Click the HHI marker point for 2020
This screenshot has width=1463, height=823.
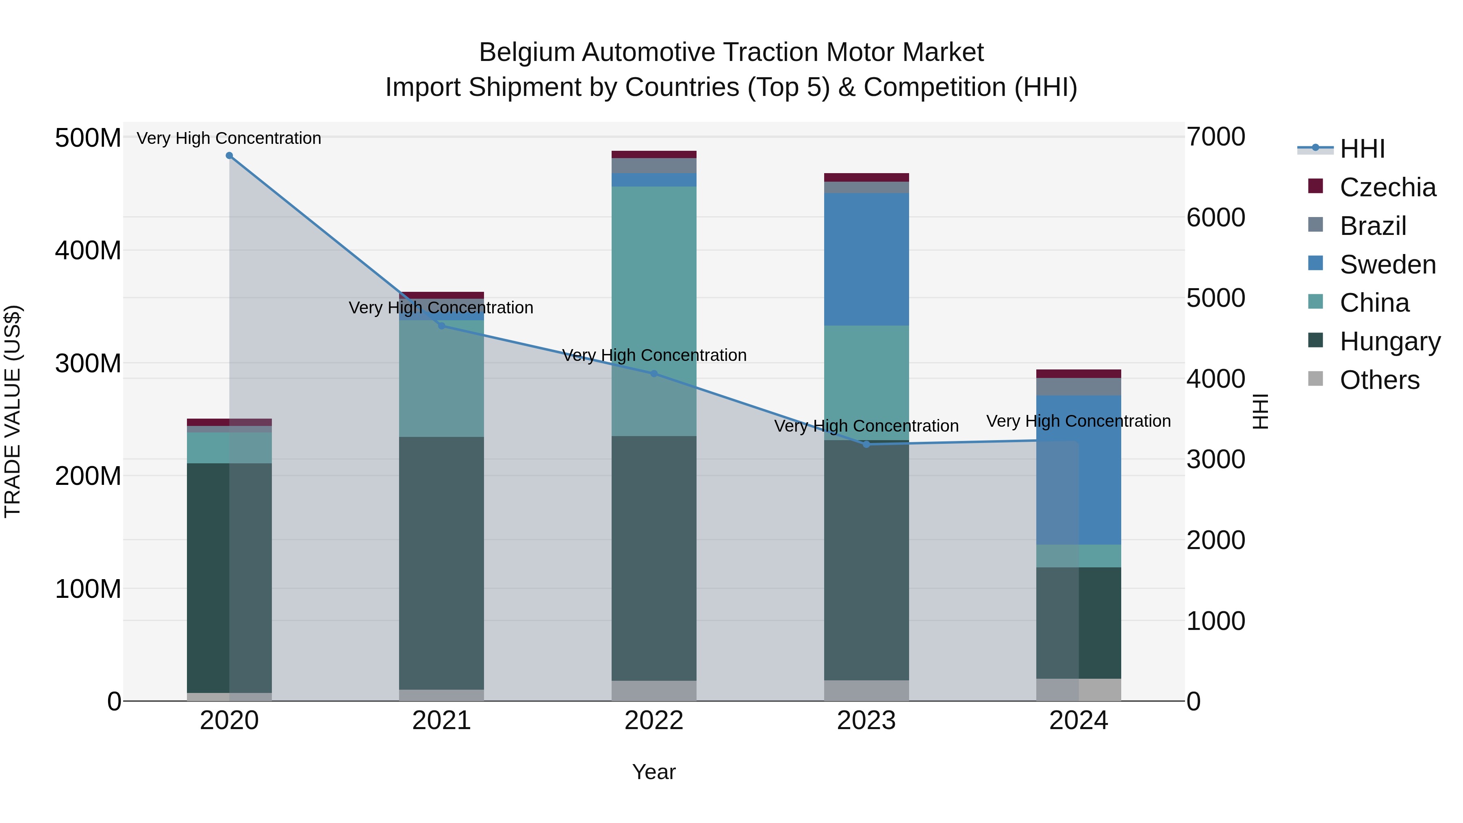230,156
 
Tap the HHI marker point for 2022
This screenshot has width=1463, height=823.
654,374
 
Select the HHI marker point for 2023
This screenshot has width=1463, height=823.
866,444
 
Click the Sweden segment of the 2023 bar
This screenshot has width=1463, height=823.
866,259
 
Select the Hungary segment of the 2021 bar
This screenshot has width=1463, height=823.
441,562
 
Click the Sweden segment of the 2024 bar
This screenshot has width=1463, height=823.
1079,470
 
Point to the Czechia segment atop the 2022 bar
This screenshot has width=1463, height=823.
654,154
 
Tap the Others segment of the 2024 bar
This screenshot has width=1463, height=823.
1079,690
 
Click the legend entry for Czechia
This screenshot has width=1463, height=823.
1387,187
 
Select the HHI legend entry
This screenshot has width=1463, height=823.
1362,149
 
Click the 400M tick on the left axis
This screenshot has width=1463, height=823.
88,250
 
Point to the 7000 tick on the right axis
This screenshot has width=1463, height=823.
1216,137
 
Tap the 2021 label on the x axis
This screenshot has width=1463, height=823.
441,721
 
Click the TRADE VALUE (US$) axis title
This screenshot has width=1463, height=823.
13,411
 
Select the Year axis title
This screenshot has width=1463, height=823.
654,772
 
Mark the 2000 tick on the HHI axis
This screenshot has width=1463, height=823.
1216,540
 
